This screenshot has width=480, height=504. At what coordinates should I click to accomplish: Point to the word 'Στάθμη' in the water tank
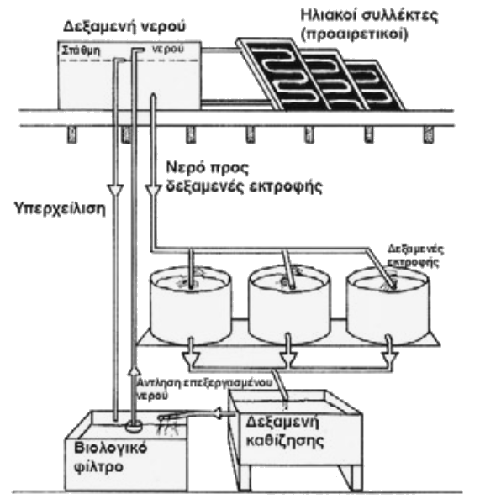pyautogui.click(x=77, y=51)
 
